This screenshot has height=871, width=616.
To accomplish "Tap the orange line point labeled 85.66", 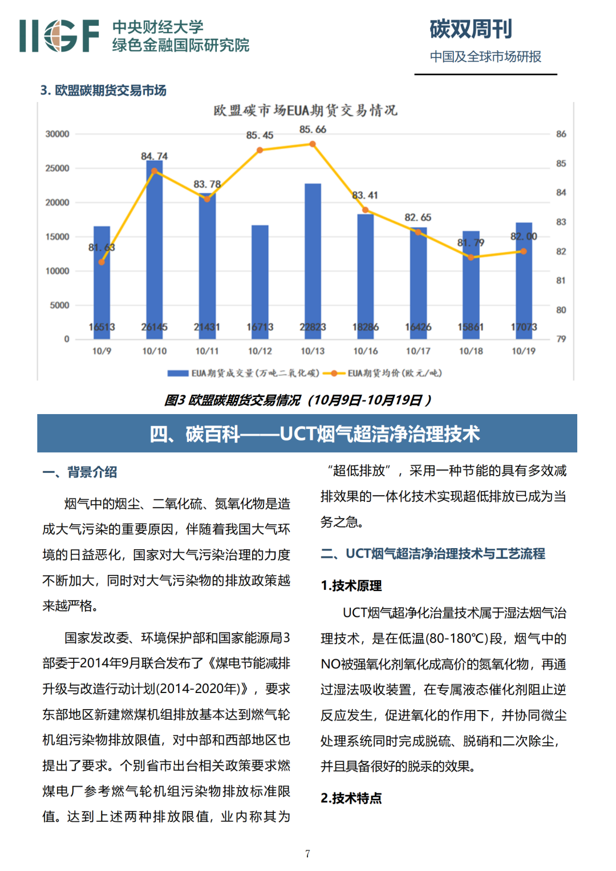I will [313, 144].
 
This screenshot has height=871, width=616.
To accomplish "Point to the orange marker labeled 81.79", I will [471, 257].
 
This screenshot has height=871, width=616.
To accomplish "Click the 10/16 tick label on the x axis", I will [366, 351].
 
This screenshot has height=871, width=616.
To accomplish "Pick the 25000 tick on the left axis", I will [57, 168].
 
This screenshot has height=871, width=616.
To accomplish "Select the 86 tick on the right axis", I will [561, 134].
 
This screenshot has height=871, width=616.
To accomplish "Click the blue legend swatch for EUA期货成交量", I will [177, 374].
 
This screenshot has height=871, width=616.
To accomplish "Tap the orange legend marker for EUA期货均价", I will [334, 374].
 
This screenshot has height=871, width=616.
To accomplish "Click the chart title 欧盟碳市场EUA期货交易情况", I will [306, 110].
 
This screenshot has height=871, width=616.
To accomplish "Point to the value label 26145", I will [154, 327].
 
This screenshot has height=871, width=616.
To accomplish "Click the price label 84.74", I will [154, 156].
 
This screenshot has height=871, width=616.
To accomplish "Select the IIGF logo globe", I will [60, 36].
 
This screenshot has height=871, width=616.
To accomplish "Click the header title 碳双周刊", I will [471, 29].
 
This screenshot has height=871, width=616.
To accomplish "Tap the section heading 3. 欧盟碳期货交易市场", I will [103, 90].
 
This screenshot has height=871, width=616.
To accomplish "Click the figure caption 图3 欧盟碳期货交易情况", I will [297, 400].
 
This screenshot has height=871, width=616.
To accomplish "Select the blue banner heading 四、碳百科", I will [307, 434].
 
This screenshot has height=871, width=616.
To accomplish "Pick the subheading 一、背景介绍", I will [79, 472].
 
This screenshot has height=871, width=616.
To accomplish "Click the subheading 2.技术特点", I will [351, 798].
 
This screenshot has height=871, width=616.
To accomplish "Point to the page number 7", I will [307, 854].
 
